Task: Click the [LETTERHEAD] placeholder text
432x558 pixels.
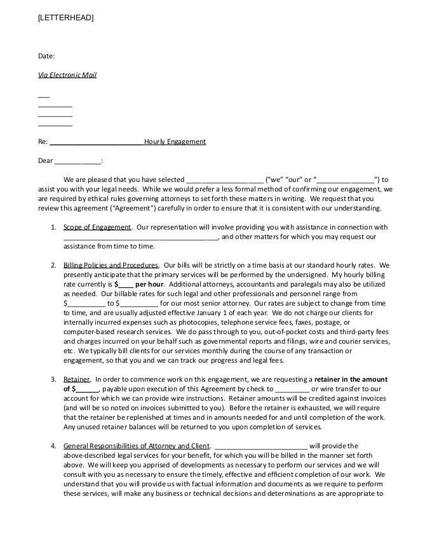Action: click(x=65, y=18)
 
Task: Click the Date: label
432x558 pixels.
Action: click(x=46, y=56)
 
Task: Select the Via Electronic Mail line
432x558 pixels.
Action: click(x=67, y=75)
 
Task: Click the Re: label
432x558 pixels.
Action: click(x=43, y=141)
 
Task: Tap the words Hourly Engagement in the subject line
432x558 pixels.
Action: click(x=175, y=141)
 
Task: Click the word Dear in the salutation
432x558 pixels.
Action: click(x=46, y=160)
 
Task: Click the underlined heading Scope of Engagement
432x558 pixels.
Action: click(x=97, y=227)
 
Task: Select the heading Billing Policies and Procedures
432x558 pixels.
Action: click(x=111, y=265)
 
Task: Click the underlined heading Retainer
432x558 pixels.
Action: click(x=77, y=379)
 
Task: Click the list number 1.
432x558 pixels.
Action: click(x=53, y=227)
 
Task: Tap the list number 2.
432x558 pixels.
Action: click(x=53, y=265)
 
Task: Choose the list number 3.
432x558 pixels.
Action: click(x=53, y=379)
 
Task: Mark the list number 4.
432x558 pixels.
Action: click(x=53, y=446)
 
